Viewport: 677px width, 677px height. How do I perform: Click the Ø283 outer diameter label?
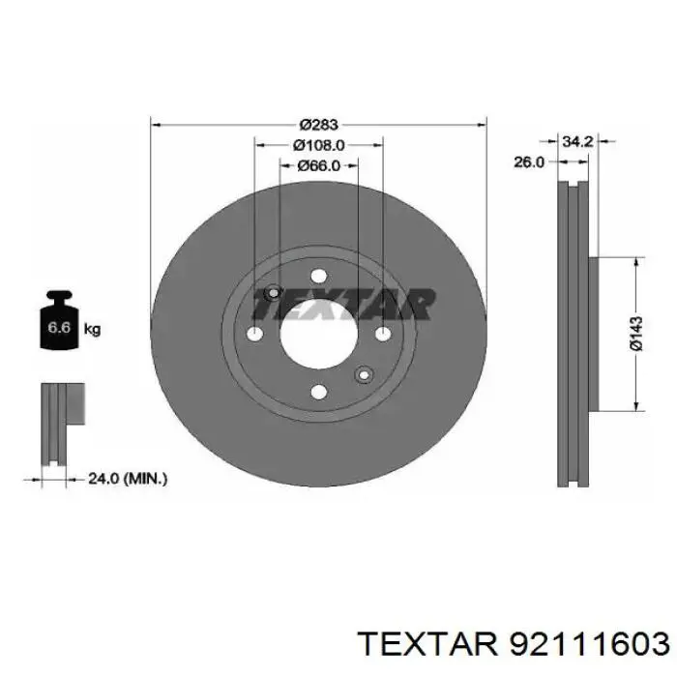click(317, 124)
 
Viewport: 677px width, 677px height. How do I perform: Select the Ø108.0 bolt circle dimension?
click(318, 145)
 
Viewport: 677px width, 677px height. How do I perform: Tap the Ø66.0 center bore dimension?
click(318, 166)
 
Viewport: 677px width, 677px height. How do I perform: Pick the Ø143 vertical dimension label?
click(635, 333)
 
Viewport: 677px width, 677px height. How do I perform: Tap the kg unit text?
click(92, 330)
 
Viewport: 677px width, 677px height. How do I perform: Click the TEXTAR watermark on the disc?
click(342, 304)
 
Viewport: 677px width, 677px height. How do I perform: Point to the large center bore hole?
click(318, 335)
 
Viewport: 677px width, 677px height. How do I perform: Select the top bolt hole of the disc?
click(318, 276)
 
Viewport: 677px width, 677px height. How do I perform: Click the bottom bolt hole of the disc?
click(318, 393)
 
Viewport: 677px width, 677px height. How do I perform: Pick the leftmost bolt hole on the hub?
click(255, 335)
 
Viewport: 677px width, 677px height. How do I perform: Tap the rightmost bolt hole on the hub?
click(382, 335)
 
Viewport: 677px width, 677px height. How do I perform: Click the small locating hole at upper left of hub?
click(273, 293)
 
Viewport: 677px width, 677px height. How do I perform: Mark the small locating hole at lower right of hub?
click(364, 375)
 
